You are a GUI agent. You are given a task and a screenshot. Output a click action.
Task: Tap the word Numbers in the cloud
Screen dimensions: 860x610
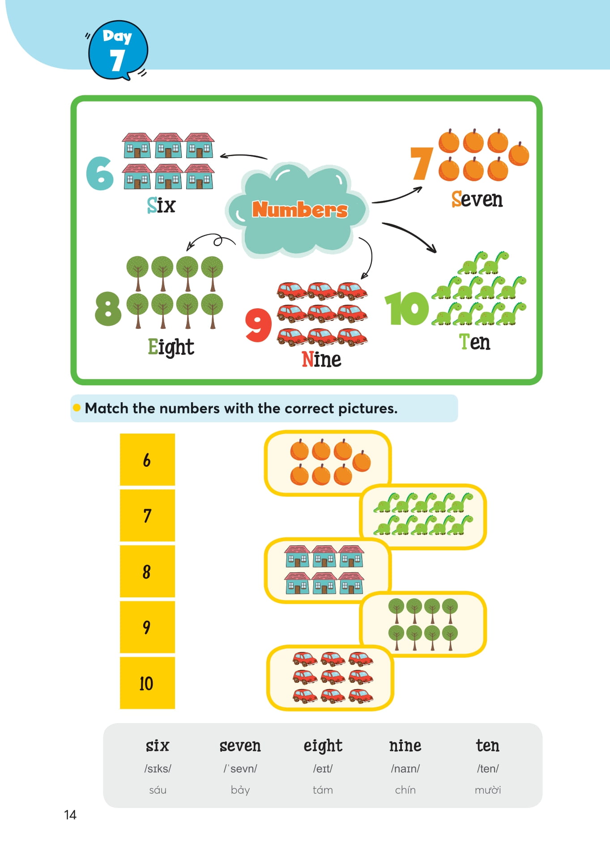click(x=299, y=209)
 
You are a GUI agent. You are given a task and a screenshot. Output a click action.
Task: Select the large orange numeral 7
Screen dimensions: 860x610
click(x=421, y=163)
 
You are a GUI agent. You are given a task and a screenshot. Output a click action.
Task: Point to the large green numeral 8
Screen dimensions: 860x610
click(x=108, y=308)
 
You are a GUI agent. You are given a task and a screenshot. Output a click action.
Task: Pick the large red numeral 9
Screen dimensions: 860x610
click(x=258, y=325)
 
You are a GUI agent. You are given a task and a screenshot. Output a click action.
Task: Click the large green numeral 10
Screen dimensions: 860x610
click(x=406, y=309)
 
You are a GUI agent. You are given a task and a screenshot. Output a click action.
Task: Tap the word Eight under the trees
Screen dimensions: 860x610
click(x=171, y=347)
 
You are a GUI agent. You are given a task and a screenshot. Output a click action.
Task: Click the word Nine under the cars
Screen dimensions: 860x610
click(x=321, y=359)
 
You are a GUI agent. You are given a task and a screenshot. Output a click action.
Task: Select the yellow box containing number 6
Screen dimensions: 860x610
click(x=147, y=460)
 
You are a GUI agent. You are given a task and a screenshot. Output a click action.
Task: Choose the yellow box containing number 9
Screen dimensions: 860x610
click(x=147, y=627)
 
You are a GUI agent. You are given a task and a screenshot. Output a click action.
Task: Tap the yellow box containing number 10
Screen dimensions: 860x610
click(x=147, y=683)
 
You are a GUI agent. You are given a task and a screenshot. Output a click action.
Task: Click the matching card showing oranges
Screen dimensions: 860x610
click(x=328, y=463)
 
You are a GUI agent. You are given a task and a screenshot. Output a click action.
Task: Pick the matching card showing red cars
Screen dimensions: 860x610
click(x=330, y=677)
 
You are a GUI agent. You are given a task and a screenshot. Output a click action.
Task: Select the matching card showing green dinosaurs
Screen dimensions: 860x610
click(x=423, y=516)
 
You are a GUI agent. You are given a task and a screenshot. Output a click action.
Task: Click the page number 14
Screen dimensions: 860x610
click(x=70, y=815)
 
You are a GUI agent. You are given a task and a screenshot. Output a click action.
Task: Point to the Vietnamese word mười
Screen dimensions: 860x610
click(x=487, y=790)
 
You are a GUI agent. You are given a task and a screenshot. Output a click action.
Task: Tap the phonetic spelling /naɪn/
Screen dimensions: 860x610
click(x=405, y=769)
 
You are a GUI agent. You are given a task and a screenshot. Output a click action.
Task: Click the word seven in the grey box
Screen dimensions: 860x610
click(x=240, y=746)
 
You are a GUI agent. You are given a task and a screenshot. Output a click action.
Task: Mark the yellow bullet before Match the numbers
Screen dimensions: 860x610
click(x=77, y=408)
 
